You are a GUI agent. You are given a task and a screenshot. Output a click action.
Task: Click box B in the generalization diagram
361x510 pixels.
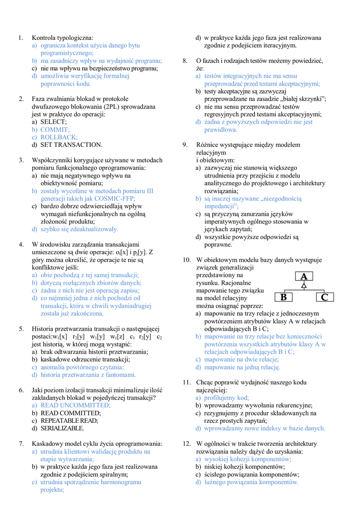click(283, 297)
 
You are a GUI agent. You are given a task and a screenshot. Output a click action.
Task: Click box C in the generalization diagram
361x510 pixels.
click(324, 297)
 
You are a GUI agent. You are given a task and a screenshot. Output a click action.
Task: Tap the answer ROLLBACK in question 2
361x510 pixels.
click(59, 137)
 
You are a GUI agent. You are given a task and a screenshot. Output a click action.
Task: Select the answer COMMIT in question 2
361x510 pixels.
click(55, 129)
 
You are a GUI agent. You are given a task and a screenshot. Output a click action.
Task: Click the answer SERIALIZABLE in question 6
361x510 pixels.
click(62, 428)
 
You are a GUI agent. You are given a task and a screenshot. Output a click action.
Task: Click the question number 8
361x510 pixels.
click(185, 61)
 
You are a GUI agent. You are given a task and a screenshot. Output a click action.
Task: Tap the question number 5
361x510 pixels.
click(21, 329)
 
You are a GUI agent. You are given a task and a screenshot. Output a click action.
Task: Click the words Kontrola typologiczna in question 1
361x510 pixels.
click(62, 37)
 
